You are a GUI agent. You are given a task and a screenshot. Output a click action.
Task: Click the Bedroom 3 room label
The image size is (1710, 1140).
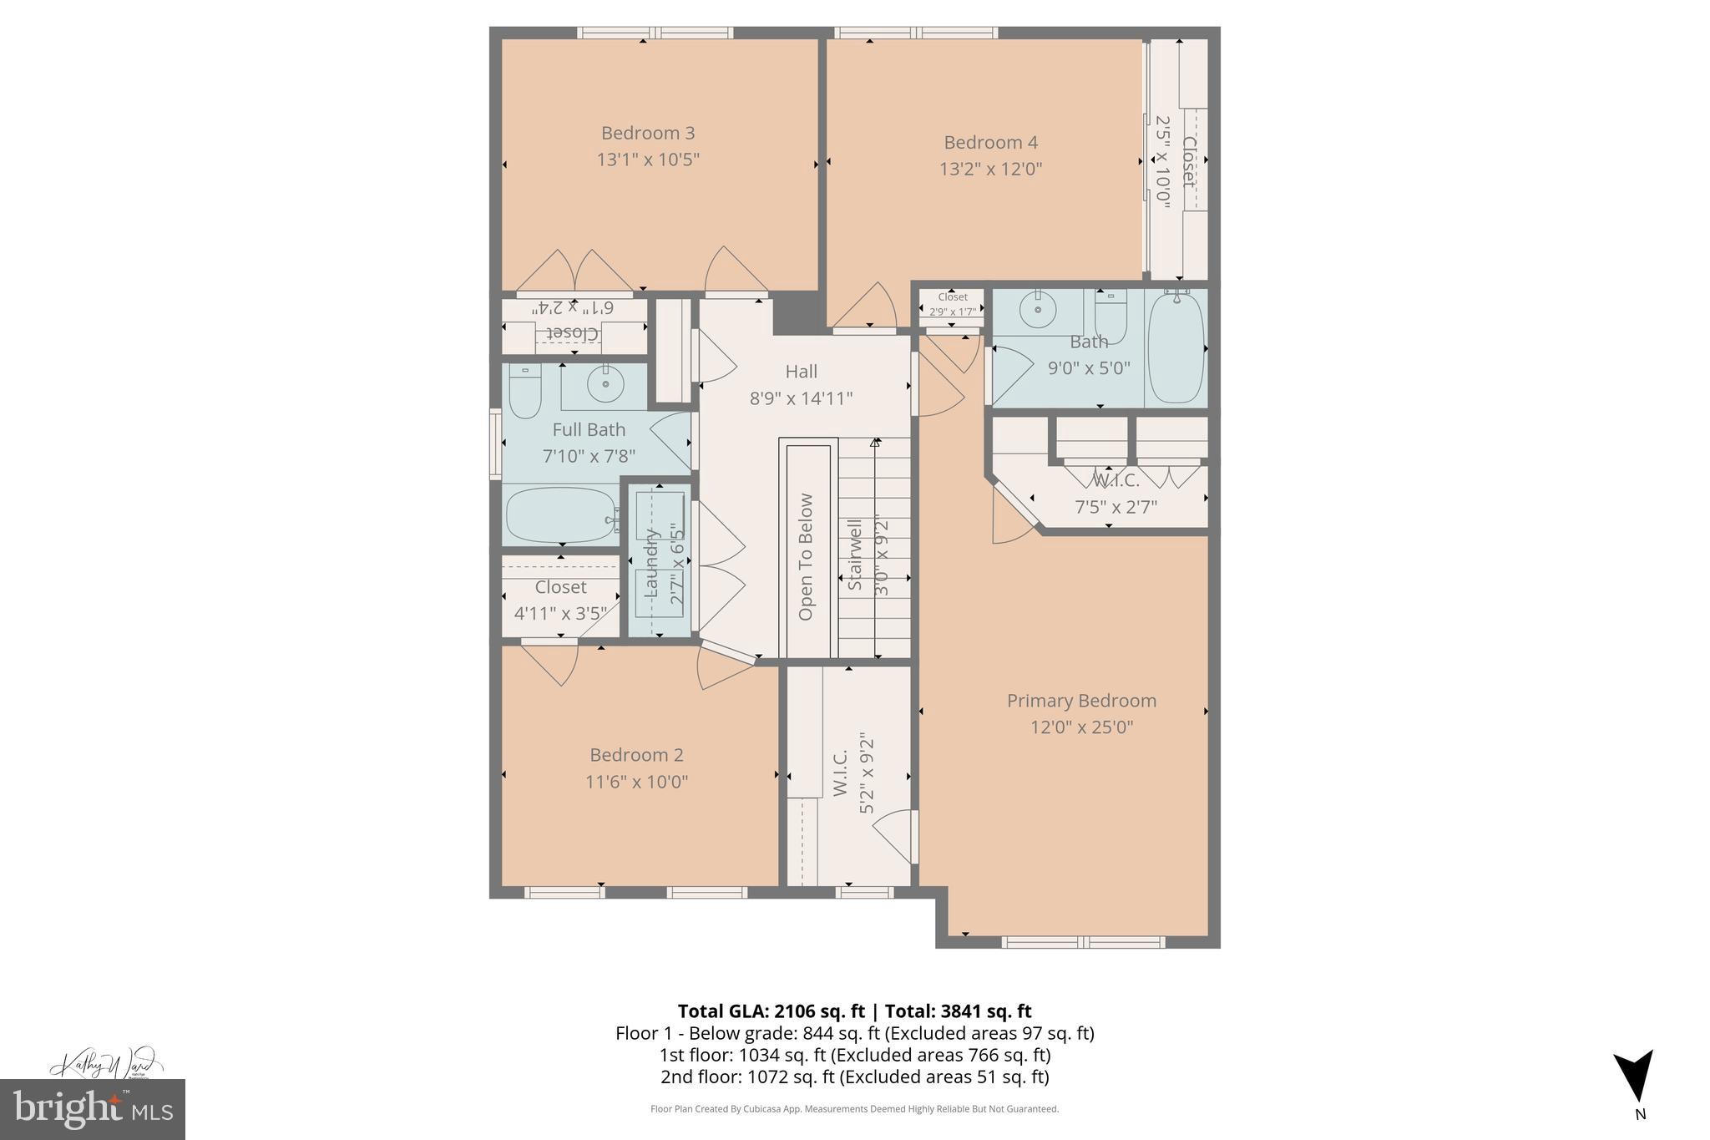[648, 133]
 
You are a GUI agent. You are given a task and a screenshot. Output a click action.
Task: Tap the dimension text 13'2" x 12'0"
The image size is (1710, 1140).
[990, 169]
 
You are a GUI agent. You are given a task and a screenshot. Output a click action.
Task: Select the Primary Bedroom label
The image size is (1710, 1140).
[1081, 701]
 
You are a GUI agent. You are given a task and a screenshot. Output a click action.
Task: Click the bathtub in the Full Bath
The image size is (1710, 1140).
[560, 516]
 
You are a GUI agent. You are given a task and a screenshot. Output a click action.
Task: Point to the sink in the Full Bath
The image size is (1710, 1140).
[605, 385]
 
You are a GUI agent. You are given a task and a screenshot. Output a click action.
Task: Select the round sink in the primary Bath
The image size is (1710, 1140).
[1037, 311]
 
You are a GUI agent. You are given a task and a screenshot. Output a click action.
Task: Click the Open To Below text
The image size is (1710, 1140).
[806, 557]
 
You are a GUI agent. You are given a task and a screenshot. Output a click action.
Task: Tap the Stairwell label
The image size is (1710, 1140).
[855, 555]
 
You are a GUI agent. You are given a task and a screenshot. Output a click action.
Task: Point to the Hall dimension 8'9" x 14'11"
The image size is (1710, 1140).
[801, 398]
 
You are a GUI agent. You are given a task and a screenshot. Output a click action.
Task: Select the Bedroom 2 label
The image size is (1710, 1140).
[636, 755]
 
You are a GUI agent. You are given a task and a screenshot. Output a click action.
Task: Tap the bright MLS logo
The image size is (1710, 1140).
[93, 1109]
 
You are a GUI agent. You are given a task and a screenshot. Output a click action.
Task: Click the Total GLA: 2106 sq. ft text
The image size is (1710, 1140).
[770, 1011]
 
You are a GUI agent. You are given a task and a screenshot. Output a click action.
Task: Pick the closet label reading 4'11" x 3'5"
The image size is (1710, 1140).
[560, 614]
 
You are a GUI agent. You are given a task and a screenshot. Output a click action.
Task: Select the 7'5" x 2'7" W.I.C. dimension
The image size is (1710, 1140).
[1115, 507]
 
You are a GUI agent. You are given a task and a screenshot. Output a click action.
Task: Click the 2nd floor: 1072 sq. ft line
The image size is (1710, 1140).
[854, 1077]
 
